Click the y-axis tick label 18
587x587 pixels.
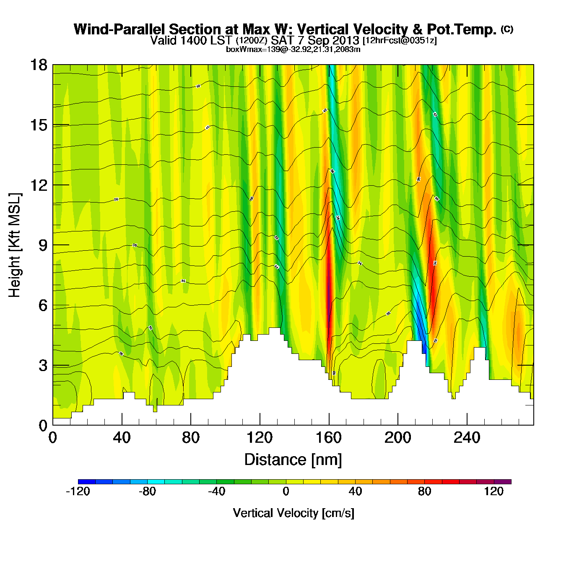[38, 65]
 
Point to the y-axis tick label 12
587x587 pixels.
[38, 185]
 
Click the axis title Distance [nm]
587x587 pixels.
[293, 460]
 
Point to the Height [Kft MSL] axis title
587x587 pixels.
[15, 245]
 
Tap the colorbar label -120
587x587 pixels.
[78, 491]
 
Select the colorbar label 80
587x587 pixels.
[424, 491]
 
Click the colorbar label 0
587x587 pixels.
[286, 491]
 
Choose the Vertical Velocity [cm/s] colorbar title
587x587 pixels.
[293, 513]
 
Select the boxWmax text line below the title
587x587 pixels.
[293, 49]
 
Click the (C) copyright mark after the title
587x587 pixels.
[507, 29]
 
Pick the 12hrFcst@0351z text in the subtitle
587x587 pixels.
[400, 41]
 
